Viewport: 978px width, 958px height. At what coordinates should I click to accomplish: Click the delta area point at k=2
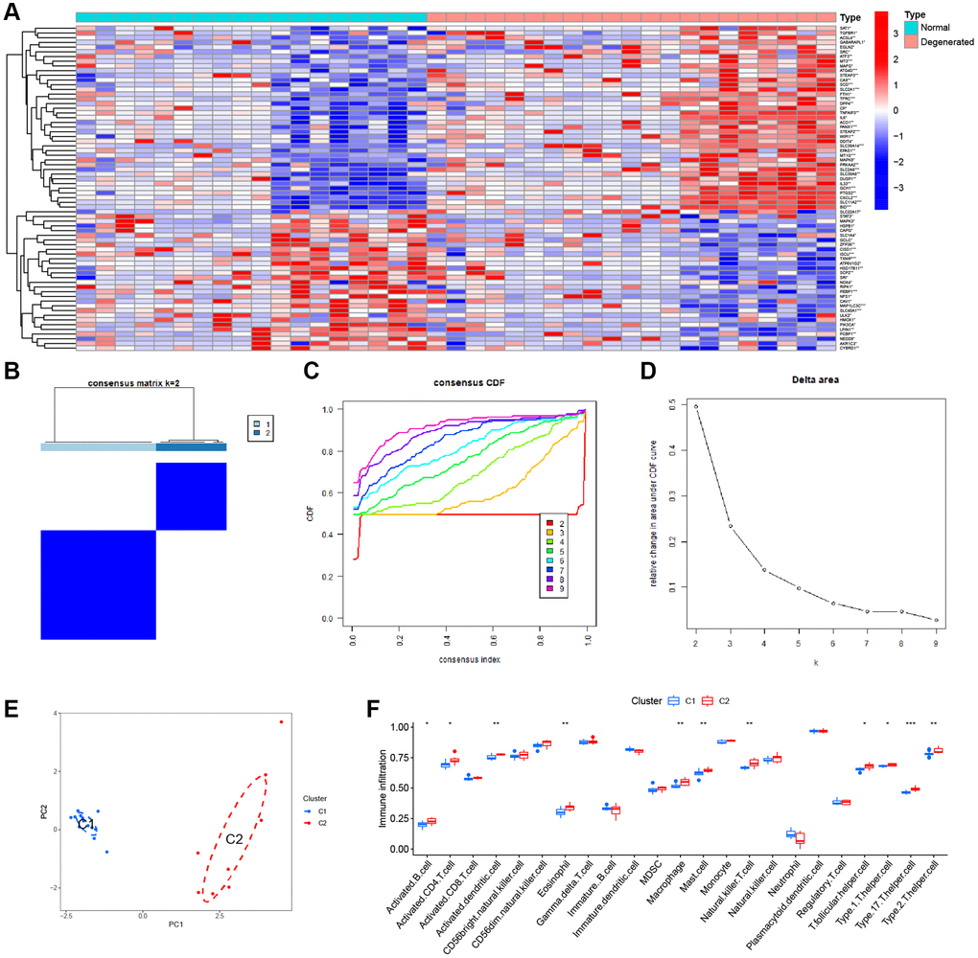pyautogui.click(x=696, y=406)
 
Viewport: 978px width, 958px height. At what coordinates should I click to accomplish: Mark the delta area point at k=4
pyautogui.click(x=764, y=570)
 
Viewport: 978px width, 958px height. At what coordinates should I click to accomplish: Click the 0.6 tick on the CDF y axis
pyautogui.click(x=335, y=492)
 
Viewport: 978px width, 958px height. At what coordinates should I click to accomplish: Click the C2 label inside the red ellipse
pyautogui.click(x=233, y=839)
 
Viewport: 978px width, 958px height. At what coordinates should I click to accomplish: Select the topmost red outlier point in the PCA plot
pyautogui.click(x=281, y=721)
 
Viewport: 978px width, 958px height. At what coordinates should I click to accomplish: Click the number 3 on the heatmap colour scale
pyautogui.click(x=896, y=33)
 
